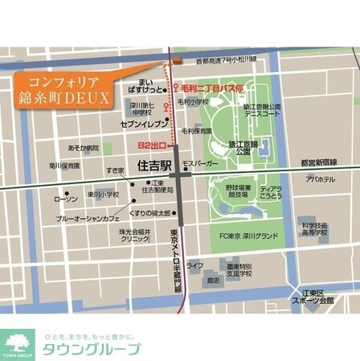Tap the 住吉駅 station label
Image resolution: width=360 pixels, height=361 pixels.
point(154,167)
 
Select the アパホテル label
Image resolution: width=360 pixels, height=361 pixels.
point(320,179)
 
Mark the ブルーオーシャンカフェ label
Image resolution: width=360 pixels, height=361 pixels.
point(88,218)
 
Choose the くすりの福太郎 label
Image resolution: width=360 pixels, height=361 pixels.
point(151,213)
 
